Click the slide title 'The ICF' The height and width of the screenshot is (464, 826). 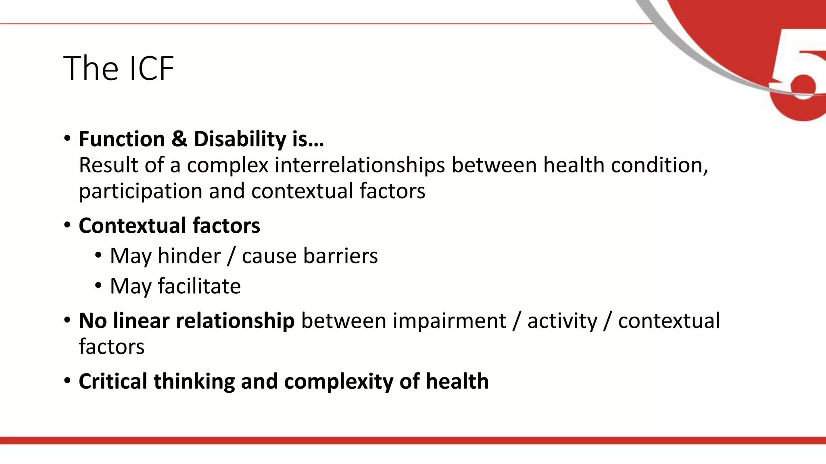119,68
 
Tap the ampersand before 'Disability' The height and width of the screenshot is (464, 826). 179,139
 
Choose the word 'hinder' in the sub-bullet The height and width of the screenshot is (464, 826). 189,256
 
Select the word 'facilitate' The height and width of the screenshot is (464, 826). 199,286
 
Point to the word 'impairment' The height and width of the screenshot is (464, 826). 449,321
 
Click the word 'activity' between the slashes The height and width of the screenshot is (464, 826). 562,321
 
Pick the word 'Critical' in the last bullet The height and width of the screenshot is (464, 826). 113,381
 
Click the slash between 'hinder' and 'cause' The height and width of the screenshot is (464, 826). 231,256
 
